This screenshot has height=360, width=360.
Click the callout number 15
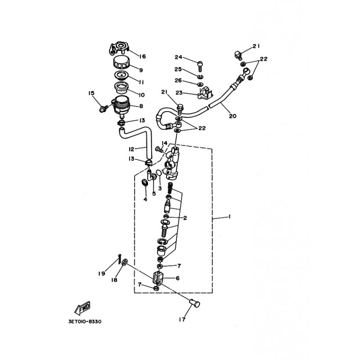(91, 93)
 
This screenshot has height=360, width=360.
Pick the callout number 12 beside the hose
(131, 149)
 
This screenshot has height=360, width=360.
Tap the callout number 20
(232, 116)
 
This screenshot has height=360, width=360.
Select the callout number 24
(179, 57)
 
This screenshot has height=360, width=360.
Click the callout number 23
(179, 93)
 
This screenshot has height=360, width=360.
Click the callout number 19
(102, 273)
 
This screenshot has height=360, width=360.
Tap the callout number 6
(177, 278)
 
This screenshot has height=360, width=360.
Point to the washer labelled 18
(124, 262)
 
